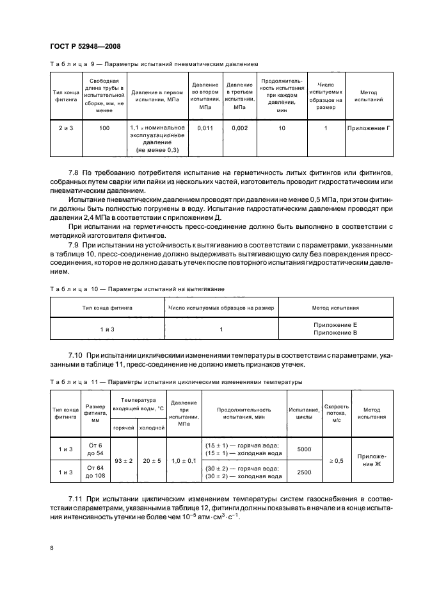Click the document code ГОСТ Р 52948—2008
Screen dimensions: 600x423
tap(84, 46)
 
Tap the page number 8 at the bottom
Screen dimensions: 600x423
tap(51, 548)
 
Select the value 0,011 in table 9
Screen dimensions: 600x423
tap(205, 128)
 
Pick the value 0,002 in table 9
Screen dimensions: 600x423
tap(239, 128)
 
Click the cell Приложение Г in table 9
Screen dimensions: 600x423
tap(369, 128)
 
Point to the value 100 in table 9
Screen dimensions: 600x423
tap(104, 128)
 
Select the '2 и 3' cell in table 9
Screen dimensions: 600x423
tap(66, 128)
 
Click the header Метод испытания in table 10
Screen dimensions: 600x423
tap(335, 308)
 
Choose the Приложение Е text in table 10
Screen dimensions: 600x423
tap(335, 326)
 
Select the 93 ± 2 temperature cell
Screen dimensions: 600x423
tap(124, 460)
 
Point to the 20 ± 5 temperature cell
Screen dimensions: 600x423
tap(152, 460)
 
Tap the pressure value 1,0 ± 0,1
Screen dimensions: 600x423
tap(184, 460)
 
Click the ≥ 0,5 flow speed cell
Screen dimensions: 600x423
tap(337, 460)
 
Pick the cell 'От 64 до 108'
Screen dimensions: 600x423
tap(95, 472)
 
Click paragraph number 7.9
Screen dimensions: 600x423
tap(76, 246)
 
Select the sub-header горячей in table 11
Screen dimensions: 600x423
tap(124, 428)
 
